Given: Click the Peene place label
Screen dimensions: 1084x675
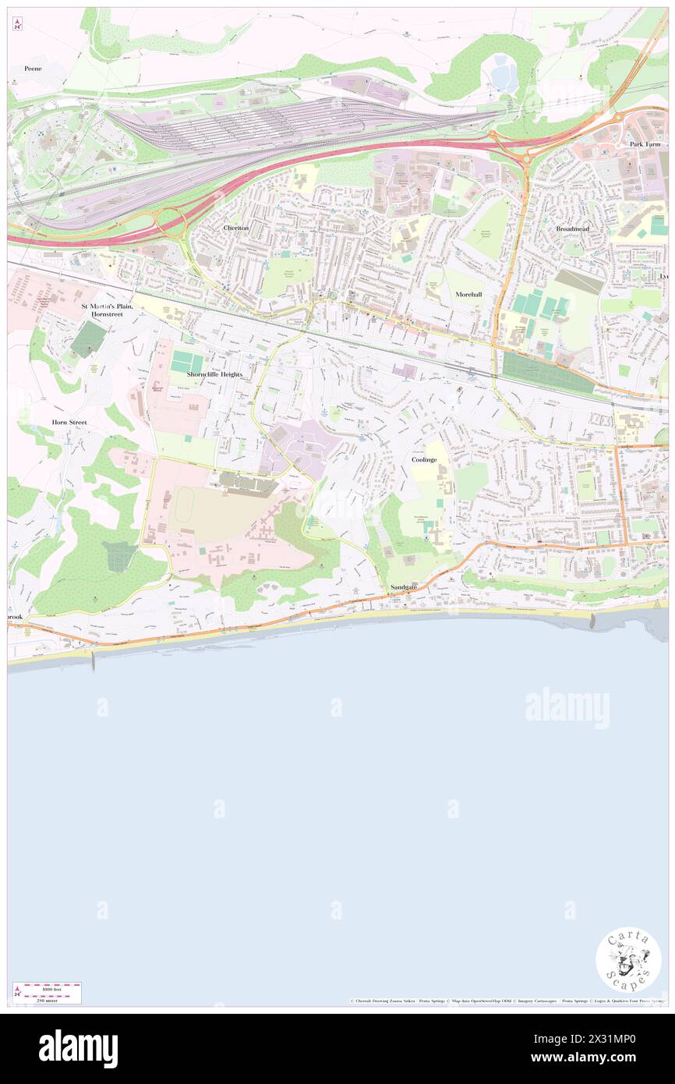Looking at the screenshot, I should click(32, 69).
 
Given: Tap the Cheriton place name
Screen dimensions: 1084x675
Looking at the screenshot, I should click(235, 228).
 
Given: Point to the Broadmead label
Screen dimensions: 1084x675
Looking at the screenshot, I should click(572, 228).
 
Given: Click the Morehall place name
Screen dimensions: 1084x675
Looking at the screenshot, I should click(470, 294).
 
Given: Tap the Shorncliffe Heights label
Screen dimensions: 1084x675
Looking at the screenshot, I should click(214, 374).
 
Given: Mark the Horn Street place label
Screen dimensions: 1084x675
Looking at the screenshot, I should click(69, 422).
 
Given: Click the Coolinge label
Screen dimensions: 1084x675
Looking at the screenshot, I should click(424, 460).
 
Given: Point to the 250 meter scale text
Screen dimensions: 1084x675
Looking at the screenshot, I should click(47, 1000).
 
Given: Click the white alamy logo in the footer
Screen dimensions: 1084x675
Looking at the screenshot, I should click(78, 1049).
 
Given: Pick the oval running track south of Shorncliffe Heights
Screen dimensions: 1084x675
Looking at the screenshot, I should click(186, 510).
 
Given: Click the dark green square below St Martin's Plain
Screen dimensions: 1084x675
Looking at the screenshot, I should click(88, 339).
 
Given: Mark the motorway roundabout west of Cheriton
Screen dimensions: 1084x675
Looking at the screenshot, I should click(171, 222).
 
